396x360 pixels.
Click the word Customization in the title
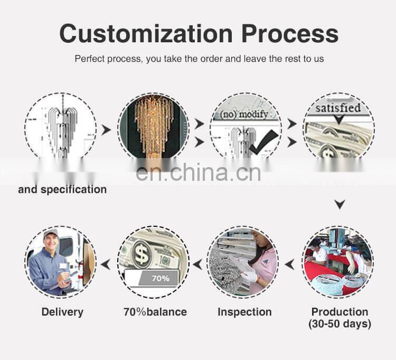pos(146,33)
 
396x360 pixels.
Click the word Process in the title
pos(290,33)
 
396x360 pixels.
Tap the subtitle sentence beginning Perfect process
pos(199,59)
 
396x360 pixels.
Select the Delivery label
pos(62,312)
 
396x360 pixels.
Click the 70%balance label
pos(155,312)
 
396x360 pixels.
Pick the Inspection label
pos(244,312)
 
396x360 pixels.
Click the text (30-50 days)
pos(340,324)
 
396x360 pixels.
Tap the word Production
pos(340,311)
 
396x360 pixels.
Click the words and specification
pos(62,189)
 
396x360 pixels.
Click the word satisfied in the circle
pos(338,108)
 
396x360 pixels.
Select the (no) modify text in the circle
pos(244,114)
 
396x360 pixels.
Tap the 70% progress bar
pos(153,279)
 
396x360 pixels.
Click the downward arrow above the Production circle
pos(340,205)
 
